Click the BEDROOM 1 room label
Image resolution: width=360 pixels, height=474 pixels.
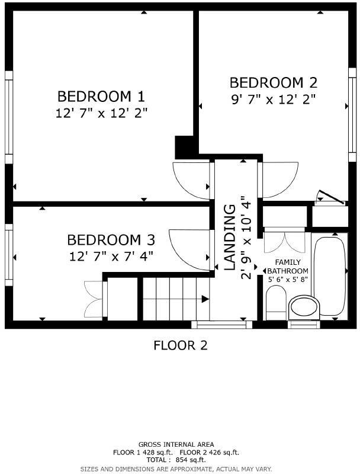(x=101, y=96)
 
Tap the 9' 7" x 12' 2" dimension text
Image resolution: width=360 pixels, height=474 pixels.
(x=273, y=99)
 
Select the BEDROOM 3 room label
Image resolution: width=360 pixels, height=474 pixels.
(x=111, y=240)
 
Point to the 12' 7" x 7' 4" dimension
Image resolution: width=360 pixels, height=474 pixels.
(x=111, y=256)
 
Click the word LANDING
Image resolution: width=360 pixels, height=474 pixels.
(x=230, y=238)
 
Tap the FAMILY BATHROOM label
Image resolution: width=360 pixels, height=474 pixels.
(x=288, y=266)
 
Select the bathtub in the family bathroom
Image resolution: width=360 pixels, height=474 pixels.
(x=330, y=275)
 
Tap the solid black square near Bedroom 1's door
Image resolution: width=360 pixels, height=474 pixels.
(x=186, y=146)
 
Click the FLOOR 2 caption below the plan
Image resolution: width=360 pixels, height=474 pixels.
(x=180, y=345)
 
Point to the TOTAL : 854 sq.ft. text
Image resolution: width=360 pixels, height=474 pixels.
(x=176, y=460)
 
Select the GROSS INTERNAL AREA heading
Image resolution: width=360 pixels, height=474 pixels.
(x=176, y=444)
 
